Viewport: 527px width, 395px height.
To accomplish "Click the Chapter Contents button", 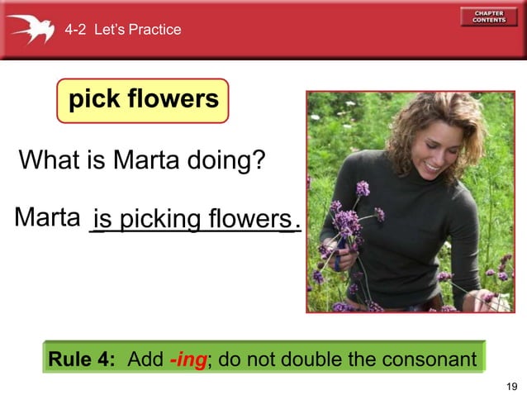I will coord(490,17).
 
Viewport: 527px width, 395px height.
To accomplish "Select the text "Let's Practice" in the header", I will coord(138,30).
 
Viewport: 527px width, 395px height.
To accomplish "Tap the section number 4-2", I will coord(76,30).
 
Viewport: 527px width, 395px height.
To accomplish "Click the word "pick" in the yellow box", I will coord(94,100).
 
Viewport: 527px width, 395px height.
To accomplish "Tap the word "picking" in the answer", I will coord(160,220).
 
